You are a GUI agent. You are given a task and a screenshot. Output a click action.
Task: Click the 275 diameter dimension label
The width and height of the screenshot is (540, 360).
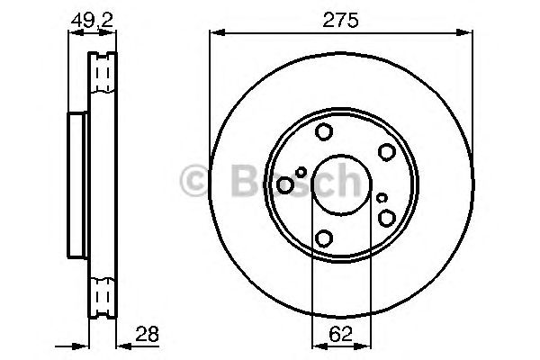(x=341, y=19)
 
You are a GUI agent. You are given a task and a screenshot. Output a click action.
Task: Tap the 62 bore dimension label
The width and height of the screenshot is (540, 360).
(x=340, y=333)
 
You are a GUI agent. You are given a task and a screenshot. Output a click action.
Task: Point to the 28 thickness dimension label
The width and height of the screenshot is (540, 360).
(x=147, y=333)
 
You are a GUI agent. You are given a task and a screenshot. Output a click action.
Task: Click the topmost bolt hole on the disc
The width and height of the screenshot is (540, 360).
(x=323, y=133)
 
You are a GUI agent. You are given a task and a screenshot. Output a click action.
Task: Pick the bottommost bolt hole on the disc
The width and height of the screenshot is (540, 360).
(x=323, y=239)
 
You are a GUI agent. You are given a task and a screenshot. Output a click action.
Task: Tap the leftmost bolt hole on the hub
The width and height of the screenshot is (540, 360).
(x=285, y=185)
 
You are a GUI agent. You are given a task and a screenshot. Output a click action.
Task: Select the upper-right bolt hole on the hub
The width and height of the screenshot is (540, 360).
(x=387, y=153)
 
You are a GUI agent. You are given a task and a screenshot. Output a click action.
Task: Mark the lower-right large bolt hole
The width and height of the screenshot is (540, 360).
(x=387, y=218)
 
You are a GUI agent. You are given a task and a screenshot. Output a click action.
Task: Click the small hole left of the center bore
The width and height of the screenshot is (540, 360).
(x=301, y=172)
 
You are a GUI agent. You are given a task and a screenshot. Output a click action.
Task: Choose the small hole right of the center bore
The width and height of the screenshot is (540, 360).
(x=382, y=197)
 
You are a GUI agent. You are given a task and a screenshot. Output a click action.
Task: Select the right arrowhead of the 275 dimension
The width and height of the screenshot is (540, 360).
(x=470, y=34)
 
